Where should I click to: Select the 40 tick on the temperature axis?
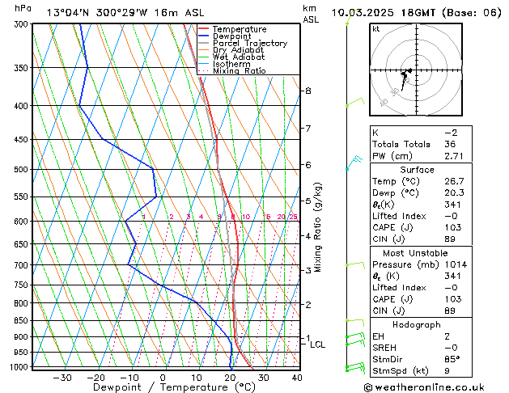(296, 378)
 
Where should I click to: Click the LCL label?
(318, 344)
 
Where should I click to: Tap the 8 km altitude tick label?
(308, 91)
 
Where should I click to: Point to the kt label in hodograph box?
(376, 28)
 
